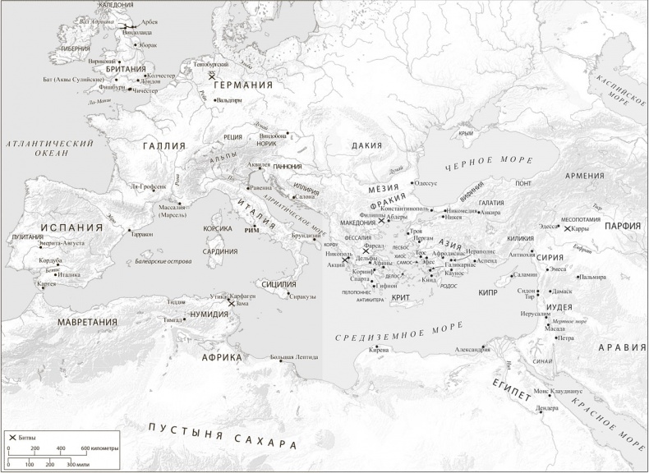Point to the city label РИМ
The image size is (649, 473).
[252, 232]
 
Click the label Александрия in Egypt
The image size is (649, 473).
[474, 350]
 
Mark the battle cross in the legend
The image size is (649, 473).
[12, 439]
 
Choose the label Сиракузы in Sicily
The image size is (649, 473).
[303, 296]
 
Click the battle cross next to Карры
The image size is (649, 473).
[566, 228]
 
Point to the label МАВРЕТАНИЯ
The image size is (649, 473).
[88, 322]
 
